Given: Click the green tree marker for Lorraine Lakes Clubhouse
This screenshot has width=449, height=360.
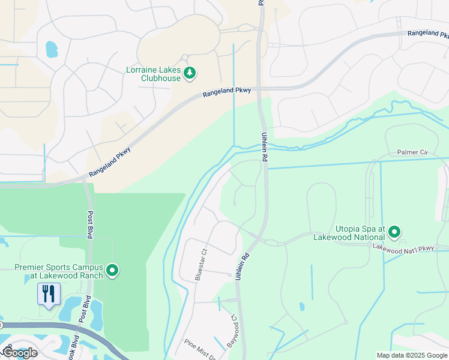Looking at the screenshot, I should (x=190, y=73).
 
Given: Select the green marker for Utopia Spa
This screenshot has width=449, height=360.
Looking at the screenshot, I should (x=394, y=232).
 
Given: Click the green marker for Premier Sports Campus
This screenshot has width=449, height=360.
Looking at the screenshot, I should (x=112, y=271).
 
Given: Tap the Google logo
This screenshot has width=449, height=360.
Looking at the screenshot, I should (x=20, y=353).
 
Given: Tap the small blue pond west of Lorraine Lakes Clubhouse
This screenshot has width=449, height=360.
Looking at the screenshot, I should (x=52, y=49).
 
